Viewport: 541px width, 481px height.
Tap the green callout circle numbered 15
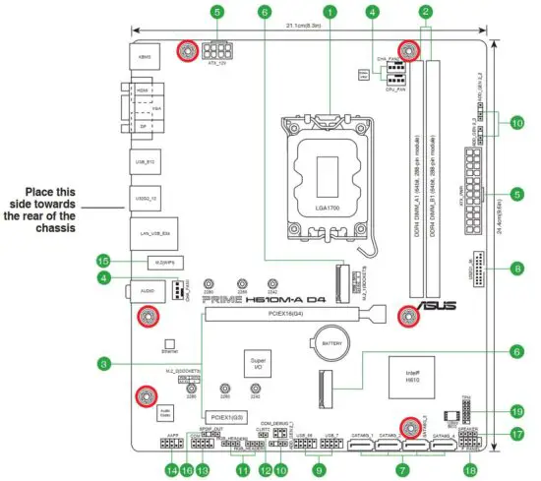coord(103,262)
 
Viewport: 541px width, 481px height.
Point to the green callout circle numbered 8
coord(517,267)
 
